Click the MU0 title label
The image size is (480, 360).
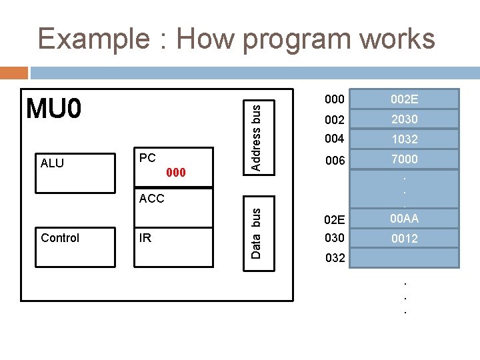pyautogui.click(x=53, y=108)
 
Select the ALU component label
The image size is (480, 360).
pyautogui.click(x=52, y=163)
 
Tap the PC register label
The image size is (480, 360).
pyautogui.click(x=147, y=158)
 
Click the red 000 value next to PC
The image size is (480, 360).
pyautogui.click(x=175, y=173)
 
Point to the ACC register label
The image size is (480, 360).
pyautogui.click(x=151, y=198)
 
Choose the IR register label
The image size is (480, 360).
pyautogui.click(x=145, y=237)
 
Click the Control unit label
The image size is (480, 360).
pyautogui.click(x=60, y=238)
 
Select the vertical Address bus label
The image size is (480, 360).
pyautogui.click(x=255, y=135)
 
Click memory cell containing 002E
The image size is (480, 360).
pyautogui.click(x=404, y=99)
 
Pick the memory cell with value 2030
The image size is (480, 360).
pyautogui.click(x=404, y=119)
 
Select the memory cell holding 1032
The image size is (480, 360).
pyautogui.click(x=404, y=139)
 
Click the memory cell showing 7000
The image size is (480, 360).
pyautogui.click(x=404, y=159)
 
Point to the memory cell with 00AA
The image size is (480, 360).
pyautogui.click(x=404, y=218)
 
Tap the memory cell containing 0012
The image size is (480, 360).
pyautogui.click(x=404, y=238)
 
